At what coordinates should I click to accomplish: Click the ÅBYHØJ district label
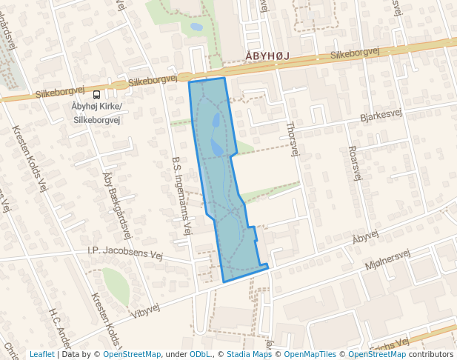pyautogui.click(x=266, y=56)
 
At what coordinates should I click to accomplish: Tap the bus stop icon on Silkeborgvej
pyautogui.click(x=96, y=94)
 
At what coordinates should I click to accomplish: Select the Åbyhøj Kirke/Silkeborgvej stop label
pyautogui.click(x=97, y=113)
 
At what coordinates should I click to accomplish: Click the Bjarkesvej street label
pyautogui.click(x=381, y=115)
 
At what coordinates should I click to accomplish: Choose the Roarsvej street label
pyautogui.click(x=354, y=162)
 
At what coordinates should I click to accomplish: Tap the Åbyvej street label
pyautogui.click(x=365, y=236)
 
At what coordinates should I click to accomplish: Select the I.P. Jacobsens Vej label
pyautogui.click(x=124, y=253)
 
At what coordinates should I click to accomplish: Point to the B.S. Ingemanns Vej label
pyautogui.click(x=181, y=193)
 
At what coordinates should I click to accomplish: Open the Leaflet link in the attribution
pyautogui.click(x=42, y=354)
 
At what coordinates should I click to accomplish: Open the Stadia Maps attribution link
pyautogui.click(x=249, y=354)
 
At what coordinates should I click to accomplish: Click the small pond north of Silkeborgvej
pyautogui.click(x=196, y=27)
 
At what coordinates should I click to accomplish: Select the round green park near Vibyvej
pyautogui.click(x=116, y=286)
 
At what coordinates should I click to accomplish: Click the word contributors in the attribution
pyautogui.click(x=430, y=354)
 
